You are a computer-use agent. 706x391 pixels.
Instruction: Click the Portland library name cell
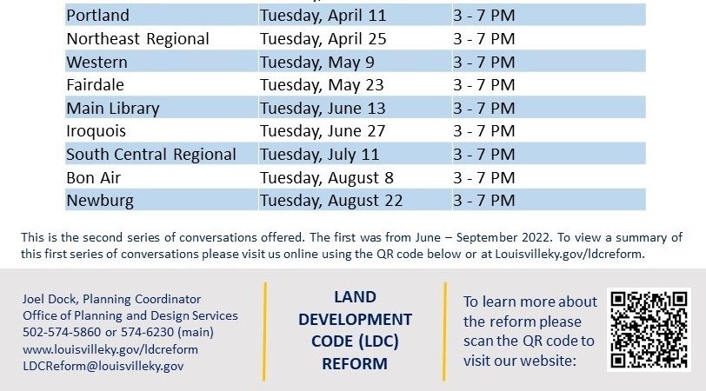coord(97,16)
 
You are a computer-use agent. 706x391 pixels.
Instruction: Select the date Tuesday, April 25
coord(323,39)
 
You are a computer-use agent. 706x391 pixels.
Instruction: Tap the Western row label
coord(97,62)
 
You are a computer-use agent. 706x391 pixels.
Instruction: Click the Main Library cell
coord(113,109)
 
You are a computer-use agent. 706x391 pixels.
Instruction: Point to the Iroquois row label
coord(96,131)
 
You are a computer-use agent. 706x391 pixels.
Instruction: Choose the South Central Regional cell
coord(151,155)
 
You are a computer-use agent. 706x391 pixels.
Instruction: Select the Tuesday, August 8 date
coord(327,178)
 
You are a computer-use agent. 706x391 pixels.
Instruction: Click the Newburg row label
coord(98,201)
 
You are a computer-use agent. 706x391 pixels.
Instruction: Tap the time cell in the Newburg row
coord(483,201)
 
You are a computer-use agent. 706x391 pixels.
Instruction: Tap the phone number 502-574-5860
coord(59,333)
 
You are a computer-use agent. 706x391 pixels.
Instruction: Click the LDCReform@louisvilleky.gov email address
coord(103,366)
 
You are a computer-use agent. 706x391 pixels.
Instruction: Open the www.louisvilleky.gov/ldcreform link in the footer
coord(110,349)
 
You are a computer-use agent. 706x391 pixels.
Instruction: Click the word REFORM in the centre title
coord(354,364)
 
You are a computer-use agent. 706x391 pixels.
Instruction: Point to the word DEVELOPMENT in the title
coord(355,319)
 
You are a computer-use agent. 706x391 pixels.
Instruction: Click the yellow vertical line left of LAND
coord(265,330)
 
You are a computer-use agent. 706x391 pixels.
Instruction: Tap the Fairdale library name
coord(95,85)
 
